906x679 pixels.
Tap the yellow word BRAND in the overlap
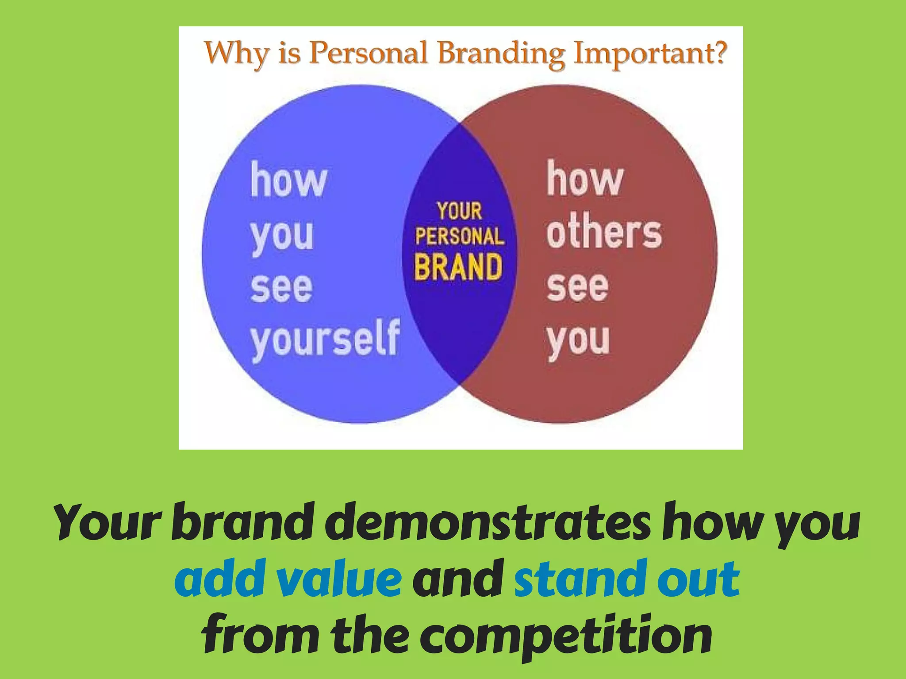point(458,267)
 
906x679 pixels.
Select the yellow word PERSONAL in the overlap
point(460,236)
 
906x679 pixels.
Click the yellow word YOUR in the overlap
point(460,211)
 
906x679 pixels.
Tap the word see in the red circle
point(577,287)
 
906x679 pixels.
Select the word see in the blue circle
point(282,288)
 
